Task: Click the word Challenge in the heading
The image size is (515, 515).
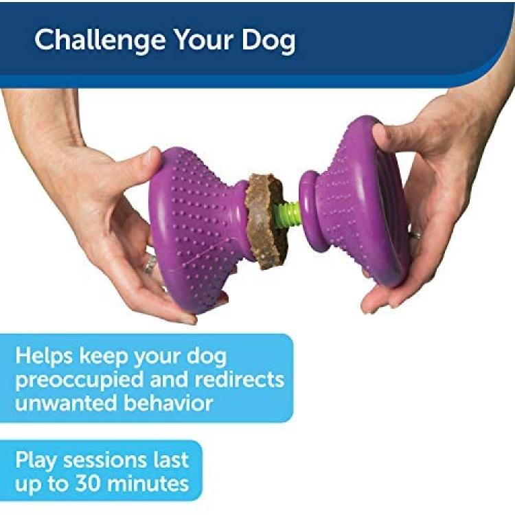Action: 100,41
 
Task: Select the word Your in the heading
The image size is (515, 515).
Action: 204,39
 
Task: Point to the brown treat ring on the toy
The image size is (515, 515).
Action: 264,220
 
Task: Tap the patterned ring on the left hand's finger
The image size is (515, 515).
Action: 150,265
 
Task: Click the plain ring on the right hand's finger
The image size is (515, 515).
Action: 417,235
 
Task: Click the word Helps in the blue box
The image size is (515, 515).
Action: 44,356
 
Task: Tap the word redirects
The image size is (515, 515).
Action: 240,379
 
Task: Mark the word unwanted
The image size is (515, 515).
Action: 66,402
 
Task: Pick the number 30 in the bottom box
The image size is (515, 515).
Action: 87,483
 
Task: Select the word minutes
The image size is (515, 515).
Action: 148,483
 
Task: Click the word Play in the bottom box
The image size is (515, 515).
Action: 36,461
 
